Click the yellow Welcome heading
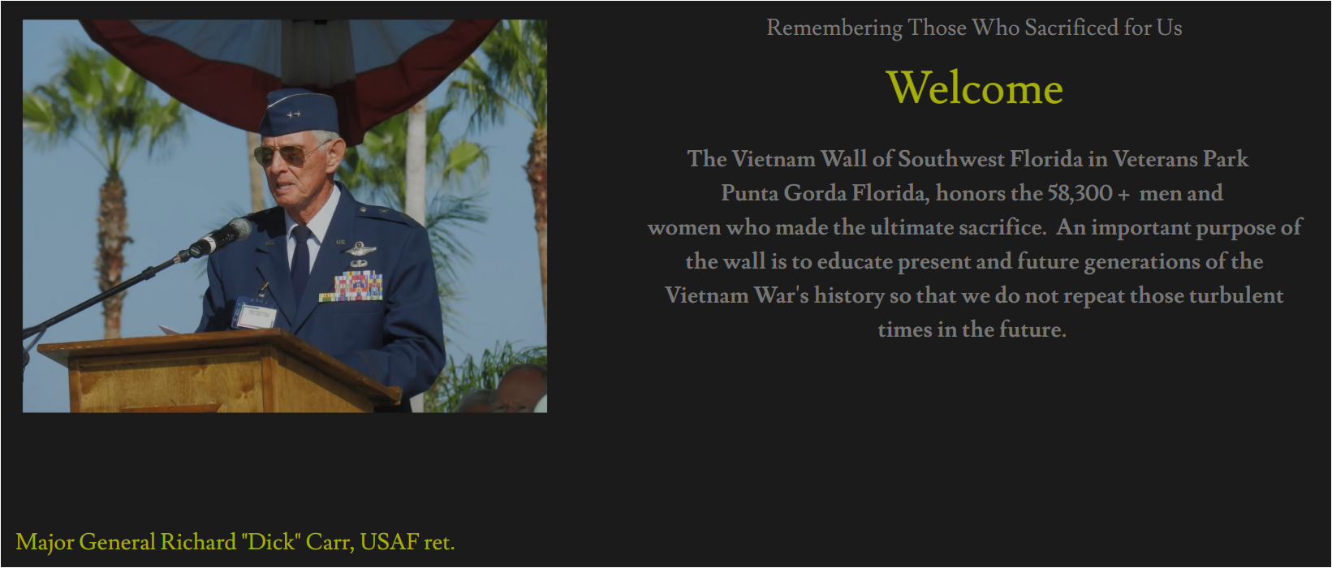coord(974,88)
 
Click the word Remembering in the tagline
coord(834,28)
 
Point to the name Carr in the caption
coord(329,542)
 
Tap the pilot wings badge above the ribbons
coord(359,250)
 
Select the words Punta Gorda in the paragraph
coord(783,193)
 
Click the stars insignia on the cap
coord(293,114)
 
